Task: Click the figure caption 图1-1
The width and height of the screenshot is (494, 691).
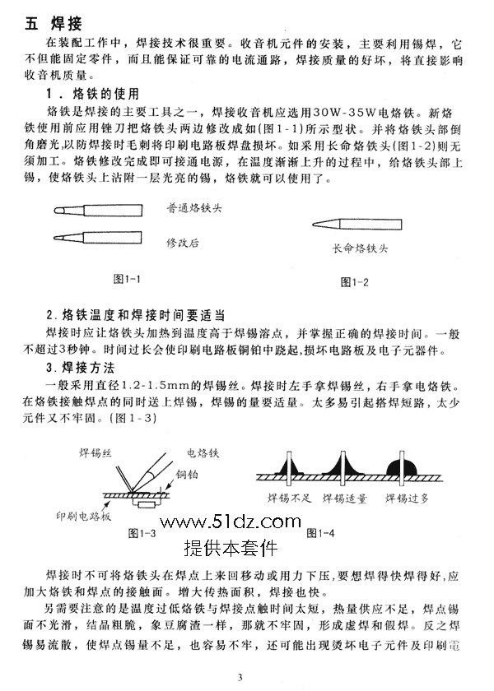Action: point(126,279)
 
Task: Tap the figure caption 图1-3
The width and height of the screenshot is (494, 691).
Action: point(142,533)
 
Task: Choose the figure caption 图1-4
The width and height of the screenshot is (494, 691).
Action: point(320,533)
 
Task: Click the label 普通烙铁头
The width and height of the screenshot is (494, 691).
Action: point(194,210)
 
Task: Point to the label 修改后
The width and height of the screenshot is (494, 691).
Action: point(183,243)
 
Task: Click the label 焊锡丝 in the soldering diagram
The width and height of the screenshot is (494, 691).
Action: point(96,453)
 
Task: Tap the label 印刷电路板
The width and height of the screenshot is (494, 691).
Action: point(83,516)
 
